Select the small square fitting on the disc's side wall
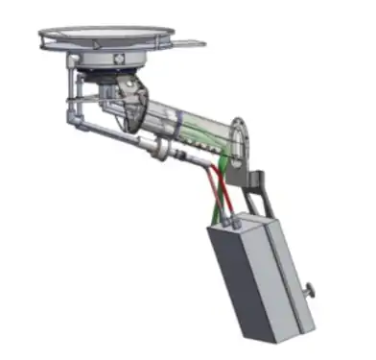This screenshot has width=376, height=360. point(117,59)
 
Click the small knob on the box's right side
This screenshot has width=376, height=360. point(314,292)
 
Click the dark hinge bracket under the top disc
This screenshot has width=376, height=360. point(129,100)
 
